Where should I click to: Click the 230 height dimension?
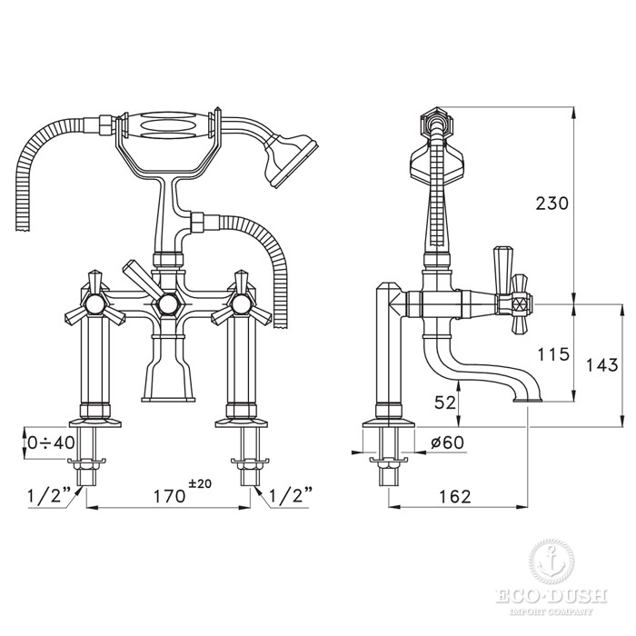click(552, 204)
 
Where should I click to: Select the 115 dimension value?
click(553, 354)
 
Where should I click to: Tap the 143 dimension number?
click(601, 365)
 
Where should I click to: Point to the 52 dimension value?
click(445, 402)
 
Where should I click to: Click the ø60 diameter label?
click(447, 442)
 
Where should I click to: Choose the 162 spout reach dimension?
click(454, 496)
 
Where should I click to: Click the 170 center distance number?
click(169, 496)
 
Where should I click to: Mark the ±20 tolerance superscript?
click(200, 483)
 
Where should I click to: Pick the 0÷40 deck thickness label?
click(52, 442)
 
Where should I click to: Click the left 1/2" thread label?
click(48, 495)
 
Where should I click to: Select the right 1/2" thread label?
click(291, 495)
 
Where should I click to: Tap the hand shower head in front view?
click(291, 159)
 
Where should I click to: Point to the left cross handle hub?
click(94, 304)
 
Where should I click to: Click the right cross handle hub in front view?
click(241, 304)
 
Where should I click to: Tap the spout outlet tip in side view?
click(528, 400)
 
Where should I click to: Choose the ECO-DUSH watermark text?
click(552, 598)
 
